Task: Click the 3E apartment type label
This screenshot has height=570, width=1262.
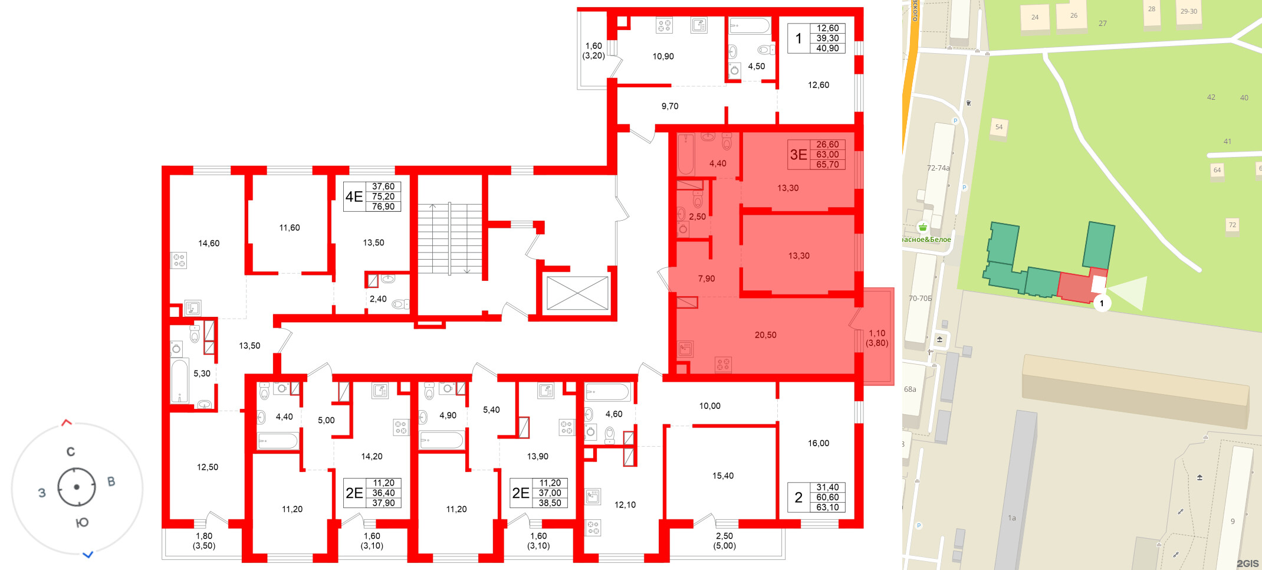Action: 798,155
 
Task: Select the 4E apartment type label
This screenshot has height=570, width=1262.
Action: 354,196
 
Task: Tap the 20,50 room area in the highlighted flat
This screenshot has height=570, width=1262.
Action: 765,335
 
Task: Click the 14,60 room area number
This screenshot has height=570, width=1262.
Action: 209,243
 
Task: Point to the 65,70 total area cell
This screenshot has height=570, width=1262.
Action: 827,165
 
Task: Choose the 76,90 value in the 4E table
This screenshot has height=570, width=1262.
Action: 383,207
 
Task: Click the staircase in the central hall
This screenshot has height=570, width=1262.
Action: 450,238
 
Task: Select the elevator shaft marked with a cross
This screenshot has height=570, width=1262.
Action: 577,293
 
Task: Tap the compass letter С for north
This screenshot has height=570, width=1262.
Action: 71,452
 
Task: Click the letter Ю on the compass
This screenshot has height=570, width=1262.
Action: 83,523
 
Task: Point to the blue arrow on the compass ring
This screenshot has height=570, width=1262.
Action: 88,555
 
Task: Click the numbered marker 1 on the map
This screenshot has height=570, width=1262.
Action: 1102,303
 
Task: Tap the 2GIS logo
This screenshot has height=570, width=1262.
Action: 1247,564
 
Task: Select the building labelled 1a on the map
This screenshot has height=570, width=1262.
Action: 1012,518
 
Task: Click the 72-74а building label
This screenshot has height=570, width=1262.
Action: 938,168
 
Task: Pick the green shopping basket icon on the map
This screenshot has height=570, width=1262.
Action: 923,227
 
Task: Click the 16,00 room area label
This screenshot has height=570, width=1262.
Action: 819,443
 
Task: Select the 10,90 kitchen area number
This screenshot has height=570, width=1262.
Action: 663,57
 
